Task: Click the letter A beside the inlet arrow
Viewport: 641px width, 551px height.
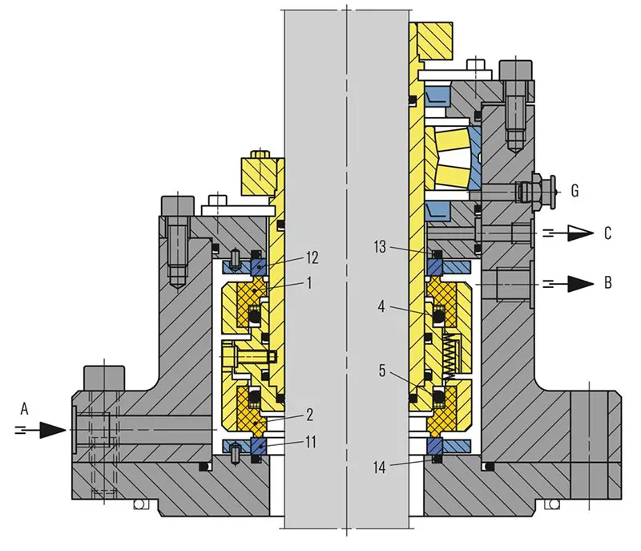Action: click(25, 408)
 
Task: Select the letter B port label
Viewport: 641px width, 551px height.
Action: click(608, 282)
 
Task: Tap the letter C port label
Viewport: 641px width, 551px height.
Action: click(608, 233)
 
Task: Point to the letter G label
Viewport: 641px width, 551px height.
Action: click(574, 191)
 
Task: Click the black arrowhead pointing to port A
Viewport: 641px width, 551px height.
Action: click(53, 430)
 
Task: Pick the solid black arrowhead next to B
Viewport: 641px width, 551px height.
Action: click(580, 283)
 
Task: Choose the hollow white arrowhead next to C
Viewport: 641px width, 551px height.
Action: click(580, 233)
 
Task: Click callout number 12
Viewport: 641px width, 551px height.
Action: click(312, 257)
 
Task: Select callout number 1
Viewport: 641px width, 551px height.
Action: click(309, 282)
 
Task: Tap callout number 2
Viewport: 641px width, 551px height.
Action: click(309, 415)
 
